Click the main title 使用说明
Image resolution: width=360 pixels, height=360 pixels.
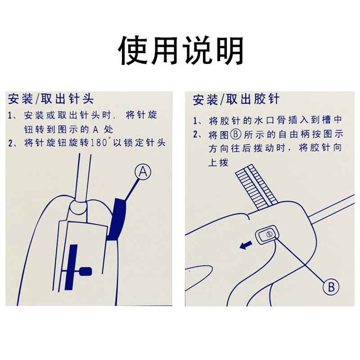(180, 50)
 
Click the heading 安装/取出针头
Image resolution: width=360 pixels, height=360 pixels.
(51, 99)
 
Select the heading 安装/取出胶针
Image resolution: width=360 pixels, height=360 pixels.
(236, 99)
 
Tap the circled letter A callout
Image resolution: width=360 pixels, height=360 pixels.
(143, 171)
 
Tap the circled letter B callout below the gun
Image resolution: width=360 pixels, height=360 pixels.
(331, 287)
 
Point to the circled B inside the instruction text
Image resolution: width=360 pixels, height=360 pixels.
(235, 134)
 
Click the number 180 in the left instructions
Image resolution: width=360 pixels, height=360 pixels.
(99, 143)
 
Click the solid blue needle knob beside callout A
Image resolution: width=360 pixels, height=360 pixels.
(117, 219)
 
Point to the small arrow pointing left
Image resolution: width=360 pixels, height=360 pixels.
(246, 245)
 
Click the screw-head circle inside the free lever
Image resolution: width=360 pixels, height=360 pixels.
(269, 234)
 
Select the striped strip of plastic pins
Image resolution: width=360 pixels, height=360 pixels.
(256, 187)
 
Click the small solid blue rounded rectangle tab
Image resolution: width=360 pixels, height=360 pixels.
(85, 271)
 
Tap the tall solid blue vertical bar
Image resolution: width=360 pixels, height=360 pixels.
(71, 267)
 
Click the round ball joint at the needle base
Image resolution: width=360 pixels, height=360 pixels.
(78, 207)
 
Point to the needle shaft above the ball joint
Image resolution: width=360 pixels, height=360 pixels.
(83, 177)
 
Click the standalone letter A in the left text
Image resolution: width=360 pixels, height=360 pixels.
(95, 130)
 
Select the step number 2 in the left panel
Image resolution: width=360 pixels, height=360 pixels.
(11, 143)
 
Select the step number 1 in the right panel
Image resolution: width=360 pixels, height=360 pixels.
(195, 121)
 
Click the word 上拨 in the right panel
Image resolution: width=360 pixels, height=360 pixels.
(218, 162)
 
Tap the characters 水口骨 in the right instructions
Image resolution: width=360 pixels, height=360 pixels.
(275, 120)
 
